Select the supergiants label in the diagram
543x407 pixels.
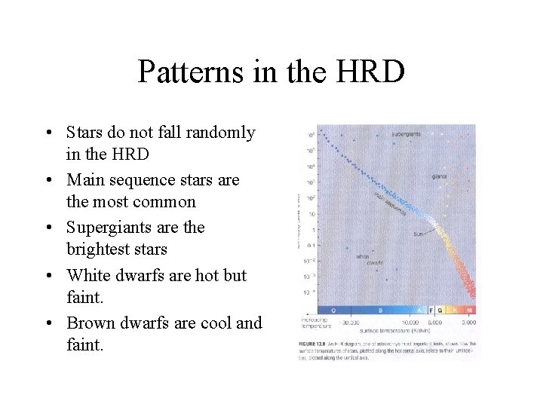pyautogui.click(x=406, y=134)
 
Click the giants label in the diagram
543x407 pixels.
pyautogui.click(x=440, y=176)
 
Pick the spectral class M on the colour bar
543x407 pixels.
pyautogui.click(x=470, y=310)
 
